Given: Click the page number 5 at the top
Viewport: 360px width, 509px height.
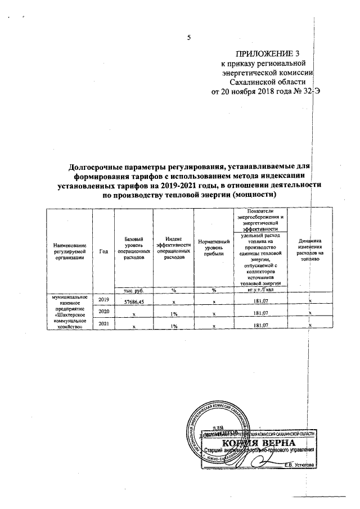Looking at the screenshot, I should (189, 38).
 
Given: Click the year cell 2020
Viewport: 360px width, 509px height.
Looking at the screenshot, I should (103, 311).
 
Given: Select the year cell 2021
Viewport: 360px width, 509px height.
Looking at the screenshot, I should (103, 324).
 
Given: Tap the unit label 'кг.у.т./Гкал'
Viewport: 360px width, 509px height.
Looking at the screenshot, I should (259, 290).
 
